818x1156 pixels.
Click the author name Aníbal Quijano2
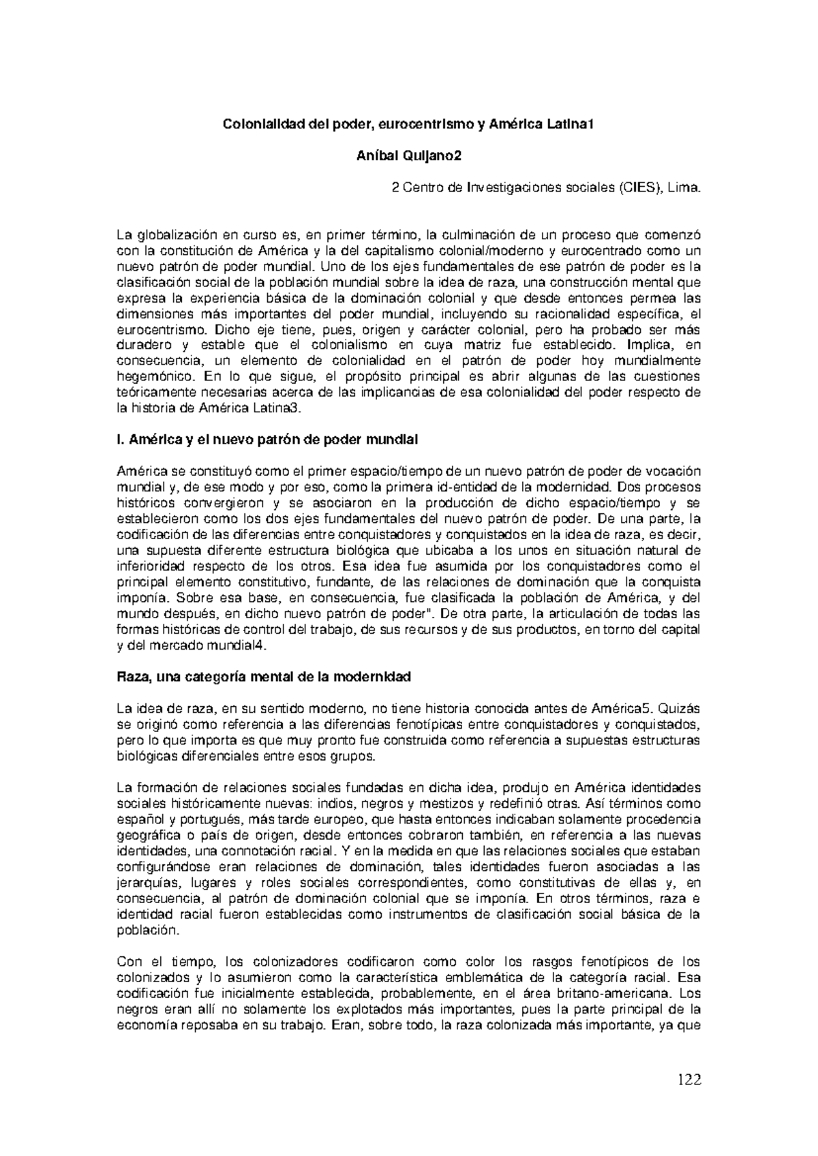pos(409,156)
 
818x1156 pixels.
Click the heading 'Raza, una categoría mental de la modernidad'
pos(264,678)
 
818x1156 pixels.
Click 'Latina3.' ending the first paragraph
pos(291,408)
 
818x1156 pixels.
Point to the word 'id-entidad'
pos(462,487)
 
